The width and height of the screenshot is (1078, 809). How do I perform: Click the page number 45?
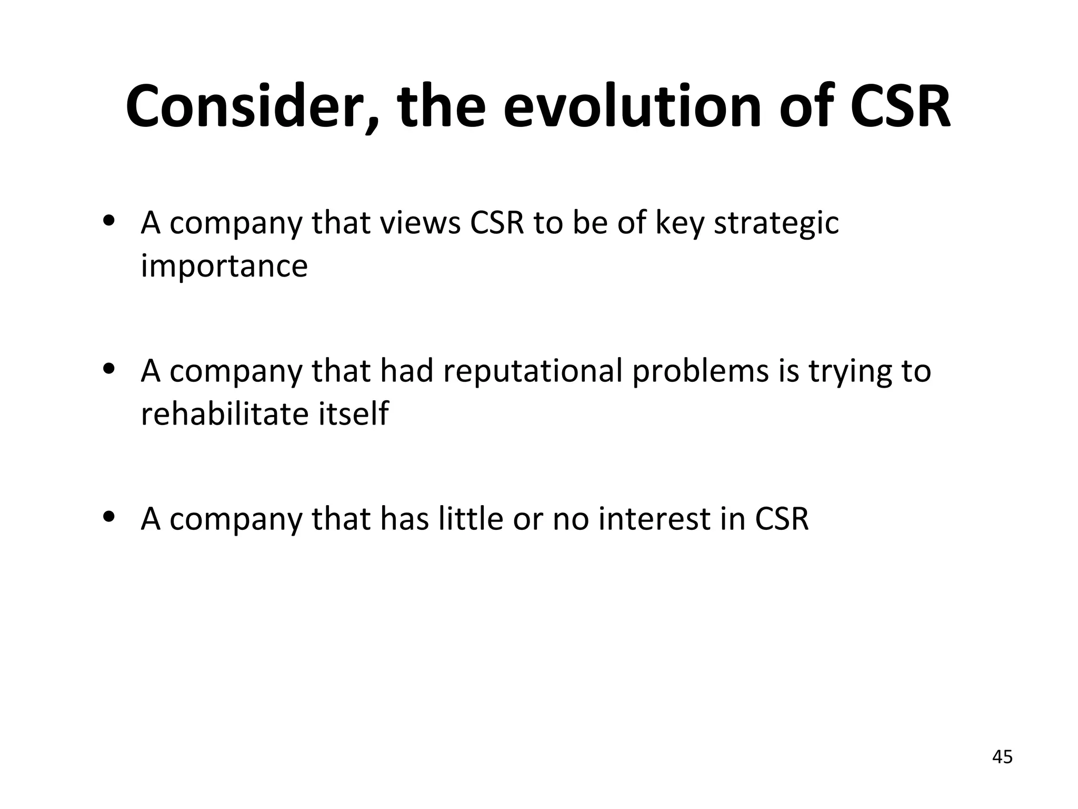click(1002, 757)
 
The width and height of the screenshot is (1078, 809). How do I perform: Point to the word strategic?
click(776, 223)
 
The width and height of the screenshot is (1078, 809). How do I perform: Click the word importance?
click(224, 266)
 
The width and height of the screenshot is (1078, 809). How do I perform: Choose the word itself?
click(353, 414)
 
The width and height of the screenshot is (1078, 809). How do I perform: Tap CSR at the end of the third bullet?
click(782, 519)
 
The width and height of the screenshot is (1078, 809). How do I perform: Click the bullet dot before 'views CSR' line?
click(109, 222)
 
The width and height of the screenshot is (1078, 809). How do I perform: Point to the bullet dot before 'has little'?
click(109, 517)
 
